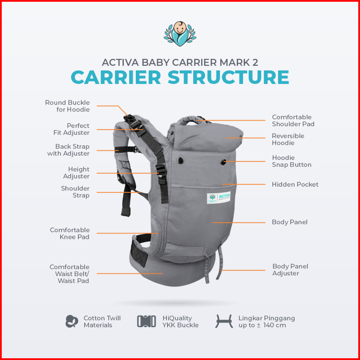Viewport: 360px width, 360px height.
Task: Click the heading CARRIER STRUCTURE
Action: point(180,77)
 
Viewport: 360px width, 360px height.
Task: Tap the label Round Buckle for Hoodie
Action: point(67,106)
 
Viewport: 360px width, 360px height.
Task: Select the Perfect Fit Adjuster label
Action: point(71,129)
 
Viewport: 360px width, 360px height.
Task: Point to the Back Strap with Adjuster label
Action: point(69,150)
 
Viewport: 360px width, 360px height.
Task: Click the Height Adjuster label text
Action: point(76,173)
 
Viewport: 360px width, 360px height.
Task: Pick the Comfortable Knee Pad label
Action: point(70,233)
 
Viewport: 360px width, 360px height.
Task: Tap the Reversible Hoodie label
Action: point(288,139)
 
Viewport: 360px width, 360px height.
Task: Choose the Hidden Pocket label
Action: point(295,184)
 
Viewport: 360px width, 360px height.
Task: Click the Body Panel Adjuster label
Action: point(290,270)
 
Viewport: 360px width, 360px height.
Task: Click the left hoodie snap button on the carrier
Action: point(180,160)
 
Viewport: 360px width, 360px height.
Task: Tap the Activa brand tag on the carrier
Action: point(219,197)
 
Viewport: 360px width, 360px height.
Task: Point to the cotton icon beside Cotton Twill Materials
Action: point(72,321)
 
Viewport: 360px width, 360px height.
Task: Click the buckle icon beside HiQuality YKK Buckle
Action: point(146,321)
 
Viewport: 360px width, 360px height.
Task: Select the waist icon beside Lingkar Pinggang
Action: point(224,321)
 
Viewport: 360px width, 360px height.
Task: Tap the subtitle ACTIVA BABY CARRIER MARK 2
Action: point(180,62)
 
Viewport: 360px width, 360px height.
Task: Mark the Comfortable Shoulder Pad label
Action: point(293,120)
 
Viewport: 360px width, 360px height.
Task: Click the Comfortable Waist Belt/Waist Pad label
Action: point(69,274)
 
